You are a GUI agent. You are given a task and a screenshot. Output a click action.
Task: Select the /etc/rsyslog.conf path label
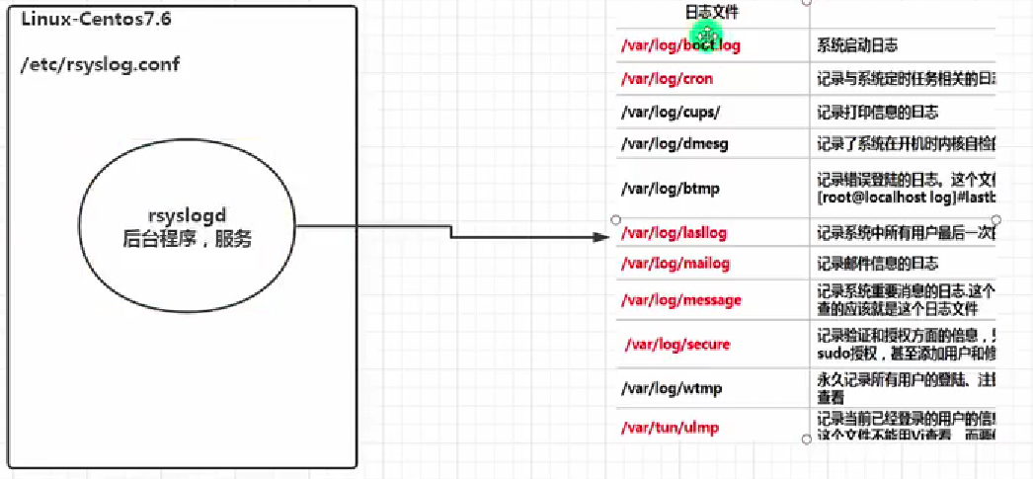(x=100, y=64)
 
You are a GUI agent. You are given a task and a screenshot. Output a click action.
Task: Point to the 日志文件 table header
(x=711, y=13)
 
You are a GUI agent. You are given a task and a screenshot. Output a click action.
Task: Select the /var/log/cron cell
(x=667, y=79)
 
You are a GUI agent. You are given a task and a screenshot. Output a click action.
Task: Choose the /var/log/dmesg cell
(x=675, y=144)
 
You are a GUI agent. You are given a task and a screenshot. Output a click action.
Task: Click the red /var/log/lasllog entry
(x=674, y=233)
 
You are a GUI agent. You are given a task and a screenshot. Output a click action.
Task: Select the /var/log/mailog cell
(x=675, y=265)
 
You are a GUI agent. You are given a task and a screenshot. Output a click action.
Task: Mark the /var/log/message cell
(x=680, y=300)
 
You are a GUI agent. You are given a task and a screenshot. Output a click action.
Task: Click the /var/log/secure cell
(x=679, y=345)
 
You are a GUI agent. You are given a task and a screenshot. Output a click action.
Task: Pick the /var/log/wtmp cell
(x=672, y=388)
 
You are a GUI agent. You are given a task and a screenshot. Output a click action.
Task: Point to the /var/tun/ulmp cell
(x=670, y=428)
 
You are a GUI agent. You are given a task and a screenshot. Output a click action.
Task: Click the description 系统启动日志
(x=857, y=45)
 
